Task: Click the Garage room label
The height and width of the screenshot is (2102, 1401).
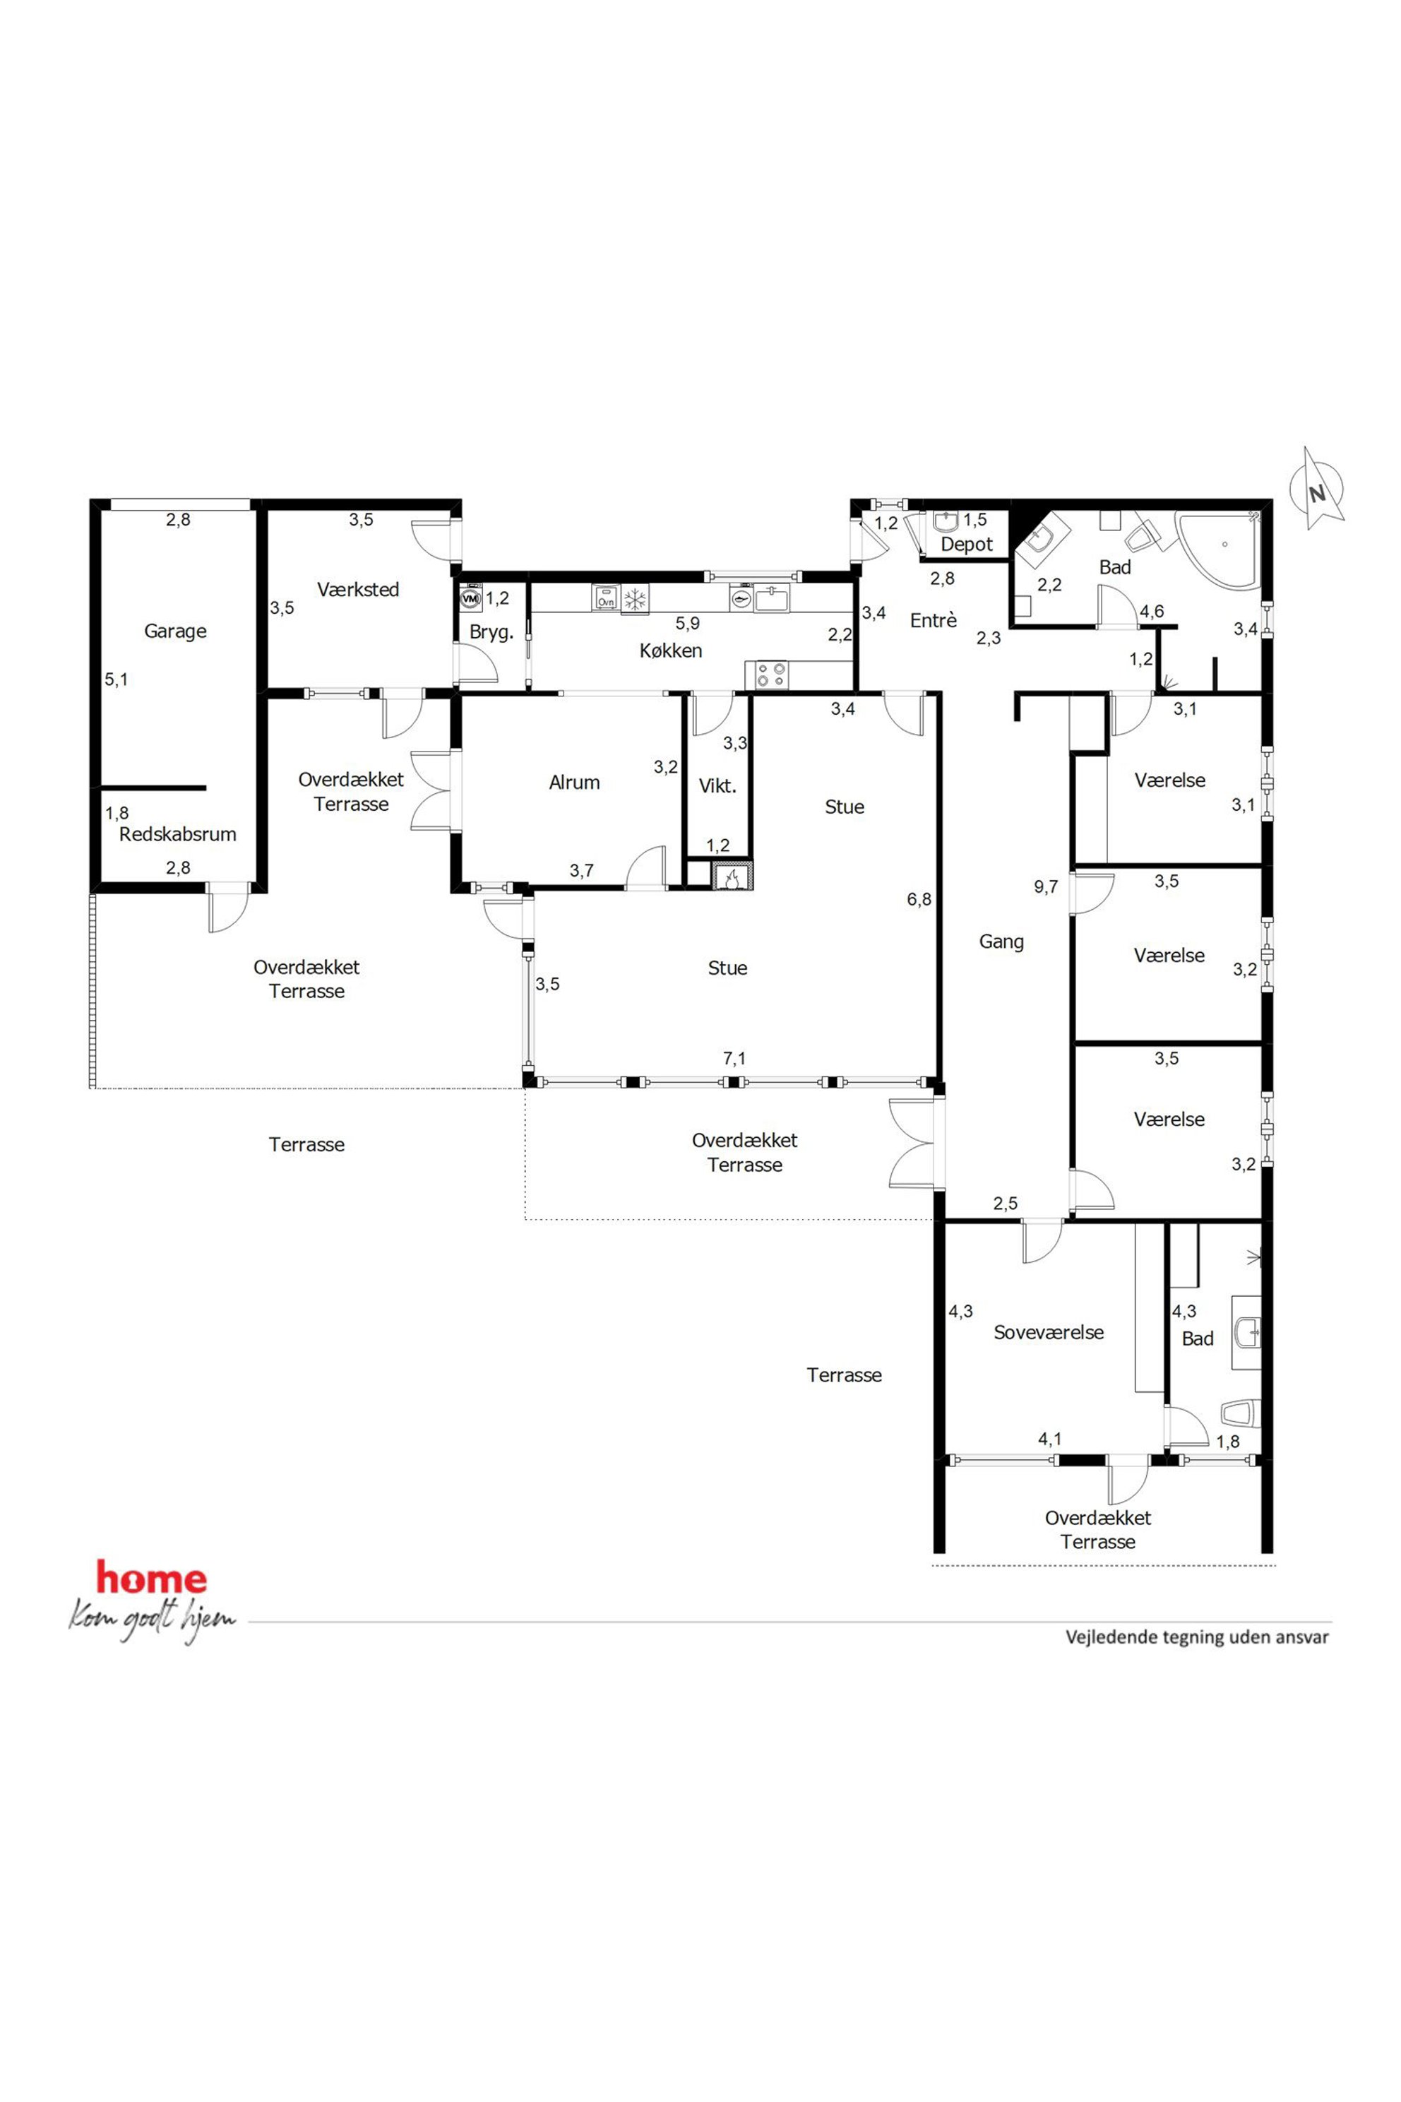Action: pyautogui.click(x=175, y=631)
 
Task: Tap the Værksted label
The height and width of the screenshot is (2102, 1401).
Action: pyautogui.click(x=358, y=590)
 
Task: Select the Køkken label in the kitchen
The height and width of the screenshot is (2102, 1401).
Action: pyautogui.click(x=671, y=651)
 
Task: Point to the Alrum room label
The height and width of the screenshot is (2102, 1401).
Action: pyautogui.click(x=575, y=783)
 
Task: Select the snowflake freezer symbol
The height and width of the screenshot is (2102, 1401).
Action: pyautogui.click(x=636, y=599)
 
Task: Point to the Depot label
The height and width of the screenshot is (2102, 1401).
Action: pyautogui.click(x=967, y=545)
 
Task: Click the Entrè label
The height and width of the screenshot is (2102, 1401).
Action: pyautogui.click(x=934, y=620)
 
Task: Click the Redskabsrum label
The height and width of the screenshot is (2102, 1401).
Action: pyautogui.click(x=178, y=835)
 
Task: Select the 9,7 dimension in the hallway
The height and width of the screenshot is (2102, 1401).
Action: pyautogui.click(x=1047, y=887)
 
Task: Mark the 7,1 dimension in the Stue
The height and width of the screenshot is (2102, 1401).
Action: pyautogui.click(x=734, y=1059)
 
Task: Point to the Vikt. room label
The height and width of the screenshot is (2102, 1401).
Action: pyautogui.click(x=717, y=786)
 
